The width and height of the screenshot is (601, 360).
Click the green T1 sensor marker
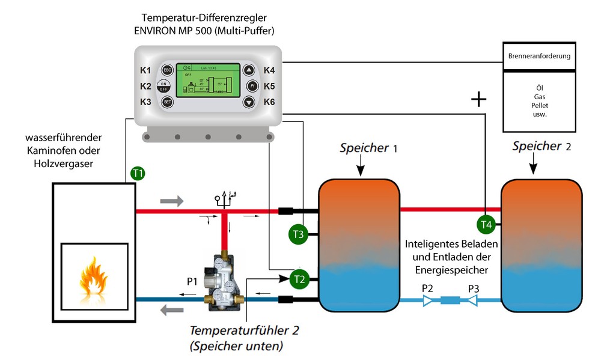[x=138, y=174]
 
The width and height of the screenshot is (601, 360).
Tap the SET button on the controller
[x=167, y=102]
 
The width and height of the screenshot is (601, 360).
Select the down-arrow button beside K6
[x=249, y=102]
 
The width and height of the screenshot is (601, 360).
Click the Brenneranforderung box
[x=540, y=56]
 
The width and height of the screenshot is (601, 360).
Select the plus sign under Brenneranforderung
[x=478, y=99]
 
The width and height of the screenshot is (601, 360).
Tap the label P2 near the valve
[x=427, y=288]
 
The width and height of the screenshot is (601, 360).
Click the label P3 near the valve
[x=474, y=288]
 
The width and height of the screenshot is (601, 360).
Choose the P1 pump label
[x=192, y=281]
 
